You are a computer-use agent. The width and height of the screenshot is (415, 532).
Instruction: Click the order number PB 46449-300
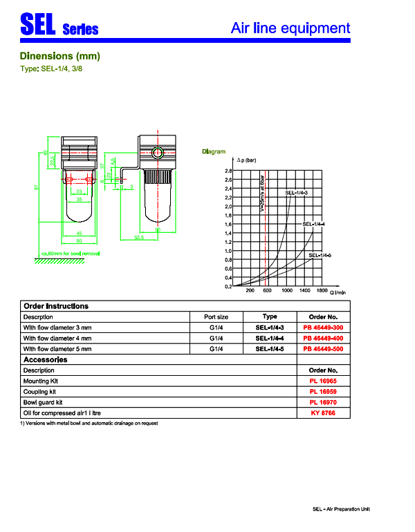click(x=323, y=327)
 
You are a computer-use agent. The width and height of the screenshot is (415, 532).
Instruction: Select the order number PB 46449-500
click(x=323, y=350)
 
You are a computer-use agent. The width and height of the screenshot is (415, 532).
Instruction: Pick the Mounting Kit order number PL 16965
click(x=323, y=381)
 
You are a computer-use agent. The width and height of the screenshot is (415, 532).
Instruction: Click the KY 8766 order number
click(x=323, y=413)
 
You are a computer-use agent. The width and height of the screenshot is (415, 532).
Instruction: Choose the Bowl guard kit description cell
click(x=43, y=402)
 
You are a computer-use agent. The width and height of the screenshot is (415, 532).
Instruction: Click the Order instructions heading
click(x=56, y=306)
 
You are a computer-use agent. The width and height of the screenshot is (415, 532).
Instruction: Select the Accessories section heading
click(x=46, y=360)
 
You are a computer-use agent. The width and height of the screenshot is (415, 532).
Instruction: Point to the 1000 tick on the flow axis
click(x=287, y=291)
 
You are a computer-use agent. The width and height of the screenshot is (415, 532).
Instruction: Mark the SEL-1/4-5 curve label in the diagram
click(x=320, y=256)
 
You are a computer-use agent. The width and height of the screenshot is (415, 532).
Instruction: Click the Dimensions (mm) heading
click(x=60, y=56)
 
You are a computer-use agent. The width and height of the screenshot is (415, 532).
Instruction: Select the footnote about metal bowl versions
click(x=89, y=423)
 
